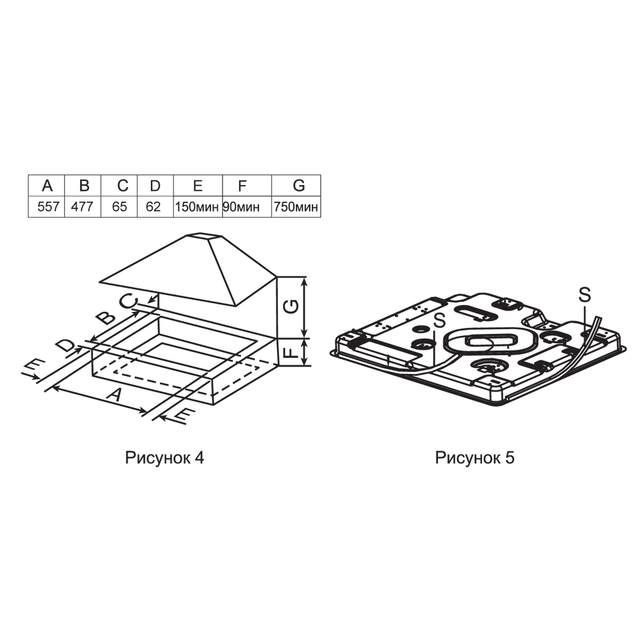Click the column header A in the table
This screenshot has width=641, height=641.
coord(47,186)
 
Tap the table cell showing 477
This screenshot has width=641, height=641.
coord(82,207)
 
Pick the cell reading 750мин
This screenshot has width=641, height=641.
coord(296,207)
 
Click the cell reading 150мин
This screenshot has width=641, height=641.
coord(197,207)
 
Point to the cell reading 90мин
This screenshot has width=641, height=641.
coord(241,207)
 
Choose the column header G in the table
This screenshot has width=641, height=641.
coord(299,186)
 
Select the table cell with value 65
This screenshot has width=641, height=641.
coord(120,207)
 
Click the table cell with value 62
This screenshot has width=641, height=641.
coord(154,207)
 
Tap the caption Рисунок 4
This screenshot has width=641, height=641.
coord(164,458)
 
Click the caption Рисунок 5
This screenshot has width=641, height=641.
coord(475,458)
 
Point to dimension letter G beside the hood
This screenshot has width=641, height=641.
coord(291,306)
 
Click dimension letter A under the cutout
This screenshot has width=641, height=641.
coord(115,395)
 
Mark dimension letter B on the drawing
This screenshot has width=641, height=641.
coord(105,316)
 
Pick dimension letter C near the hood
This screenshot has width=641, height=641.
coord(128,301)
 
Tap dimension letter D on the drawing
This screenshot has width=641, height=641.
coord(65,345)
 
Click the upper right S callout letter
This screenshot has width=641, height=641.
coord(585,294)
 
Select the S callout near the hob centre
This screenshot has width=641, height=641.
coord(439,320)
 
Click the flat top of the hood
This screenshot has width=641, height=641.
coord(204,236)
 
